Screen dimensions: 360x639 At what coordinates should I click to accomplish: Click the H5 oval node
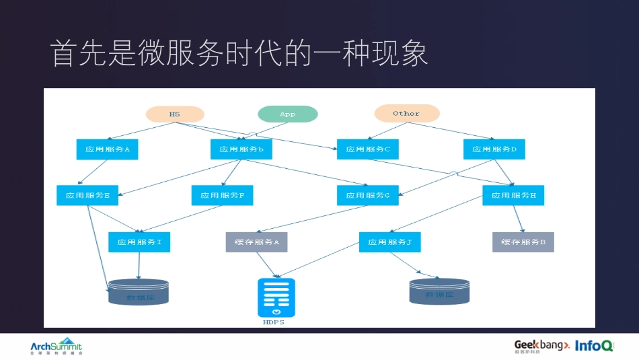point(175,114)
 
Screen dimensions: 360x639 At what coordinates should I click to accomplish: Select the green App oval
point(287,114)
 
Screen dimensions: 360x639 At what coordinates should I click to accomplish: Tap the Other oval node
point(406,114)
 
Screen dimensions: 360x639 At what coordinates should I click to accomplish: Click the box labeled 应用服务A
point(107,149)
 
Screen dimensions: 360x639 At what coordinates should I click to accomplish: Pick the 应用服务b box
point(241,149)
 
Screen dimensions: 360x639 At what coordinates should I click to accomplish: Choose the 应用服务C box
point(368,149)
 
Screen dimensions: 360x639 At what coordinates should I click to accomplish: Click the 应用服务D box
point(494,149)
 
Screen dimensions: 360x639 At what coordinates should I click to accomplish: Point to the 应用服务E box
point(87,195)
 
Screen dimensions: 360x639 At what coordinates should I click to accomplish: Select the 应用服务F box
point(222,195)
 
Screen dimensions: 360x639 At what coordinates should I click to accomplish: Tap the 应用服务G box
point(368,195)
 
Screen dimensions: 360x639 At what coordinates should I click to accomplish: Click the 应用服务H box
point(513,195)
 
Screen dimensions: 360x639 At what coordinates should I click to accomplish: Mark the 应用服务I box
point(139,242)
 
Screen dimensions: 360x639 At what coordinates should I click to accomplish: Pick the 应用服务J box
point(390,242)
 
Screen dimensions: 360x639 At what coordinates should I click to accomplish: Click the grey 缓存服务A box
point(256,242)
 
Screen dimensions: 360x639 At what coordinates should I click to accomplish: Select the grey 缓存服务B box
point(523,242)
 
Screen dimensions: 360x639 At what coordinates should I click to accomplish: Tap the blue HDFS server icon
point(276,297)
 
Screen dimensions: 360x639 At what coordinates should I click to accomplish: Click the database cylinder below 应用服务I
point(139,293)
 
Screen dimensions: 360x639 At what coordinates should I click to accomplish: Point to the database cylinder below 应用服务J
point(439,291)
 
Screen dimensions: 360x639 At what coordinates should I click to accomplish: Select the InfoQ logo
point(595,345)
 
